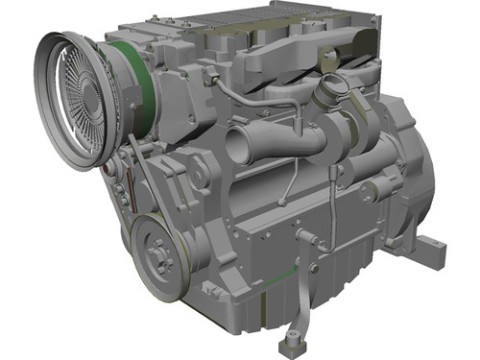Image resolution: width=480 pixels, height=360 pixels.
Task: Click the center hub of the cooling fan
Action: pyautogui.click(x=83, y=99)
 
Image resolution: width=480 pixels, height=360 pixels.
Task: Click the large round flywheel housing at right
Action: pyautogui.click(x=413, y=173)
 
